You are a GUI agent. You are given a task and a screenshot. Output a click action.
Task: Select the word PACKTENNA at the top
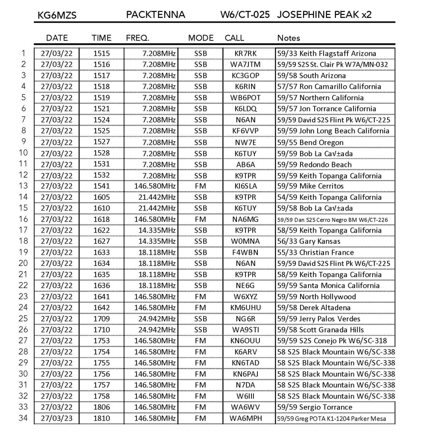click(155, 15)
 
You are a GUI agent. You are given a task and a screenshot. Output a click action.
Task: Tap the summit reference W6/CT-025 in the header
click(245, 15)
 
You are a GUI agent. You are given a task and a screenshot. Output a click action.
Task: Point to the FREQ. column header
click(137, 38)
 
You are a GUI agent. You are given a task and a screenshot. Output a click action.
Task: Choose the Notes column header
click(289, 38)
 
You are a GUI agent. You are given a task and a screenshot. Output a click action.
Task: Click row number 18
click(23, 241)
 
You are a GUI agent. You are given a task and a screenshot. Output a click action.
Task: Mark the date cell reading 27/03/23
click(57, 418)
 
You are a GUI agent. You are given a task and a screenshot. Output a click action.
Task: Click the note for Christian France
click(315, 253)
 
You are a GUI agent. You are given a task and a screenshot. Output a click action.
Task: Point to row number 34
click(23, 418)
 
